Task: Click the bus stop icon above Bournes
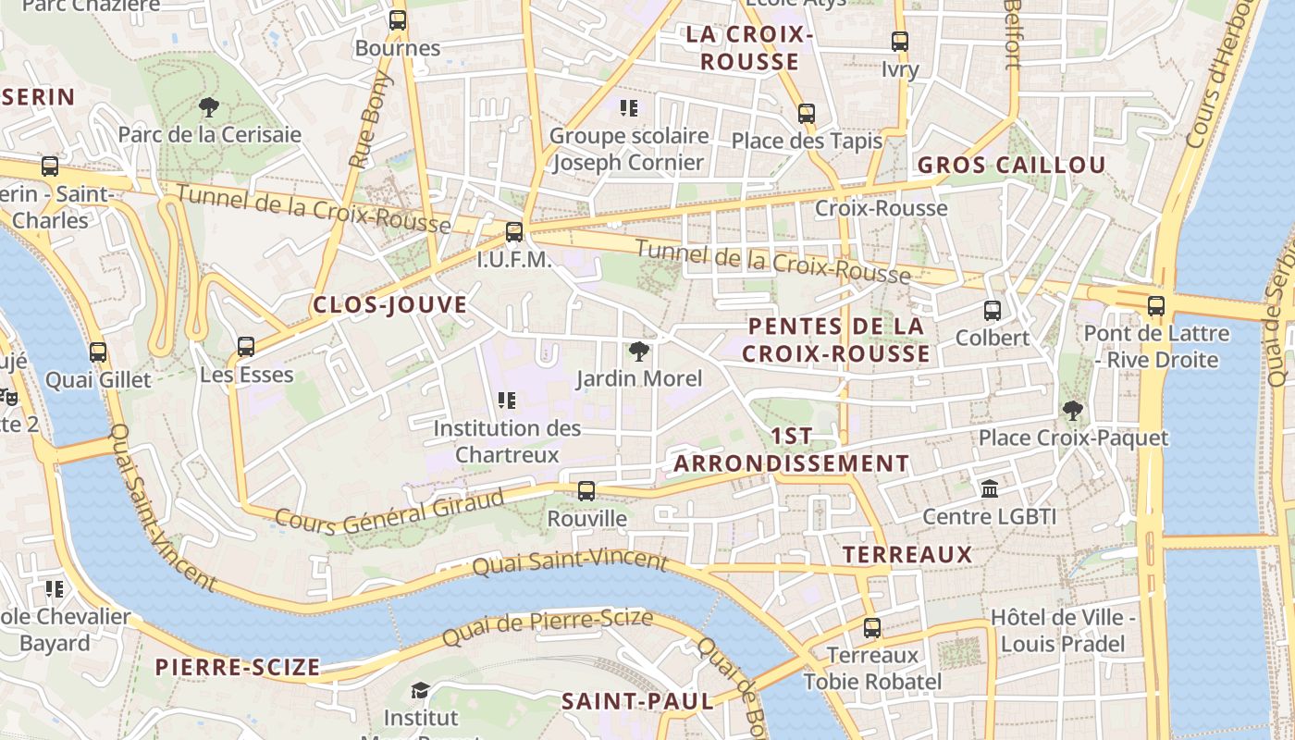click(x=398, y=19)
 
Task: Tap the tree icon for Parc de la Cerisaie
click(x=209, y=107)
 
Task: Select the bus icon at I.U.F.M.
click(x=514, y=232)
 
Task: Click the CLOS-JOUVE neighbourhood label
click(x=389, y=304)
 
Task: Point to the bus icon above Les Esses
click(x=246, y=347)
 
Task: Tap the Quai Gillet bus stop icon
click(x=98, y=352)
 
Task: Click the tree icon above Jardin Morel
click(x=638, y=351)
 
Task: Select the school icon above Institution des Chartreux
click(x=507, y=401)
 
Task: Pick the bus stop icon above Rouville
click(x=586, y=491)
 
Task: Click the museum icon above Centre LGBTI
click(x=990, y=488)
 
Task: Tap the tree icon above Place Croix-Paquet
click(x=1073, y=410)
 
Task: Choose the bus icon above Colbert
click(x=993, y=311)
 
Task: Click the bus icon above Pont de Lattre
click(x=1156, y=306)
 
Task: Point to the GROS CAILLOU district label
click(x=1011, y=166)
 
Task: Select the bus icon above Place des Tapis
click(x=807, y=114)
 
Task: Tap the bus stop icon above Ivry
click(x=900, y=42)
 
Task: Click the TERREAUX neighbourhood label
click(x=907, y=554)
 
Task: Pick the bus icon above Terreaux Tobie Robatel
click(x=872, y=628)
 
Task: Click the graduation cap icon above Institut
click(x=420, y=690)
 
